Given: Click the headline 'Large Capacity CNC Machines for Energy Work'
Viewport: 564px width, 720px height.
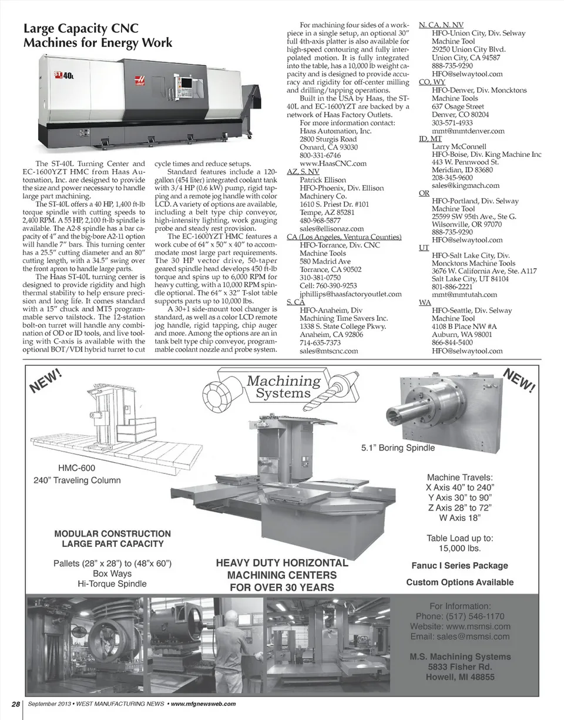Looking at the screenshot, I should [98, 36].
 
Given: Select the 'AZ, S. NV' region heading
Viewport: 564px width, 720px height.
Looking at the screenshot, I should [303, 171].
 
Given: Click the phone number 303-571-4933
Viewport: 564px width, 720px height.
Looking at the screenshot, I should [452, 123].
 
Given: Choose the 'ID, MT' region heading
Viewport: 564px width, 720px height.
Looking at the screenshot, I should [430, 139].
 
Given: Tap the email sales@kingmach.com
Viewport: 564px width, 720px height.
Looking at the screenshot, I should [465, 185].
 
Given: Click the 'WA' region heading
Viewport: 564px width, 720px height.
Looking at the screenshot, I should [424, 302].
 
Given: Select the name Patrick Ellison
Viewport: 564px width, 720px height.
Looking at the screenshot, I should [323, 180].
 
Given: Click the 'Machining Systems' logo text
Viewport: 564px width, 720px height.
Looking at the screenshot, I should [284, 386].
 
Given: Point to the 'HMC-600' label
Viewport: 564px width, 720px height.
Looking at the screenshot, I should [76, 468].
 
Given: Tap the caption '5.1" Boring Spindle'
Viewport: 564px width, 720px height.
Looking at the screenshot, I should [398, 448].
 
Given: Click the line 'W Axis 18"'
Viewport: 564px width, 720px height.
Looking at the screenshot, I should [459, 517].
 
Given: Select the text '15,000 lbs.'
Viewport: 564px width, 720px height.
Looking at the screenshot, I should [459, 549].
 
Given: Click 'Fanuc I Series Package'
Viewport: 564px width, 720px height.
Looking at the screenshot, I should [459, 566].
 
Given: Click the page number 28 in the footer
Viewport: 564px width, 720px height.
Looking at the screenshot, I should [16, 704].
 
